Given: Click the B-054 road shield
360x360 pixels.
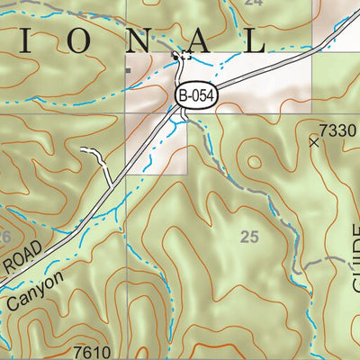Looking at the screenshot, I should pos(197,94).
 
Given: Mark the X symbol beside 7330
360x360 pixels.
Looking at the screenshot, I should pos(314,141).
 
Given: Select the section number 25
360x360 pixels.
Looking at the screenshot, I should pos(249,238).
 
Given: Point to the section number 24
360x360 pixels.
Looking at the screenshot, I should pos(254,3).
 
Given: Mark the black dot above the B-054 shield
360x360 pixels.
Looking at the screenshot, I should pos(175,53).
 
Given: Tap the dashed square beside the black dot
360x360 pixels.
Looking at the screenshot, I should pos(186,57).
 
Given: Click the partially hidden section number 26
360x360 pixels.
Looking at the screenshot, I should pos(4,237).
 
